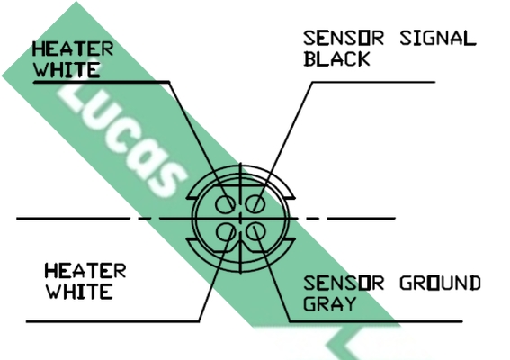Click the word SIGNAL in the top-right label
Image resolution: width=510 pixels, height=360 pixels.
[x=438, y=38]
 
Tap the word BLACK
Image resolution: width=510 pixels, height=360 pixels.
[x=336, y=58]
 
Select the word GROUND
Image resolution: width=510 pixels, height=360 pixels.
[x=440, y=283]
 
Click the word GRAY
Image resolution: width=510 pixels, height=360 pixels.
[x=329, y=303]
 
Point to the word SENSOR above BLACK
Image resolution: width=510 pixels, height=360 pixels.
[x=344, y=38]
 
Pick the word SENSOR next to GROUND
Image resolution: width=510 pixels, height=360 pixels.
[x=344, y=283]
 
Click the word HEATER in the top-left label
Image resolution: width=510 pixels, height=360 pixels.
[x=73, y=49]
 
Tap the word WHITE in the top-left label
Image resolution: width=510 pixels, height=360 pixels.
[x=67, y=69]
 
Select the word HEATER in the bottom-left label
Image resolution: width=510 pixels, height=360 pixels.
[x=85, y=271]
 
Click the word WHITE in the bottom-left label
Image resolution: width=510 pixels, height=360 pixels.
[x=80, y=292]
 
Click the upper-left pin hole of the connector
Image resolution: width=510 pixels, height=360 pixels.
[x=225, y=204]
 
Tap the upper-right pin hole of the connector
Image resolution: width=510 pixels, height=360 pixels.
[x=255, y=204]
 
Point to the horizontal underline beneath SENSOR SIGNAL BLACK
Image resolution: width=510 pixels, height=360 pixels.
[x=373, y=83]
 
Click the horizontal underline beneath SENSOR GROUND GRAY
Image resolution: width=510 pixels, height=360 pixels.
[x=376, y=321]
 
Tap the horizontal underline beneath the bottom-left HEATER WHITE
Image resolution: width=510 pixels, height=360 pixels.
[x=112, y=321]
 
